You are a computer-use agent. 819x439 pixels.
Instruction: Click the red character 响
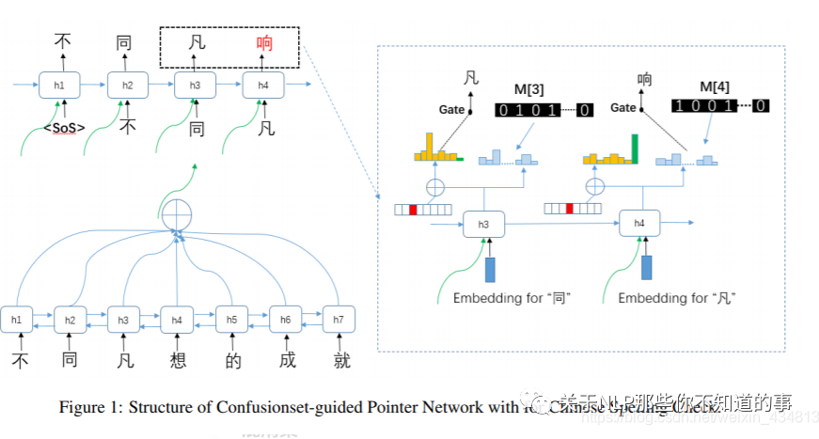pyautogui.click(x=264, y=42)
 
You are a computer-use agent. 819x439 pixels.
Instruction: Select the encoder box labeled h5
pyautogui.click(x=230, y=320)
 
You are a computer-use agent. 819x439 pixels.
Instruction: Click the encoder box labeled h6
pyautogui.click(x=284, y=320)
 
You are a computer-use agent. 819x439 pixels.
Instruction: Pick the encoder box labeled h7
pyautogui.click(x=338, y=320)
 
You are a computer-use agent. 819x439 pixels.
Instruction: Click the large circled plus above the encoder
pyautogui.click(x=176, y=215)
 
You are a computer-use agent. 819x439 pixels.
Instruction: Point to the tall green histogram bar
pyautogui.click(x=635, y=149)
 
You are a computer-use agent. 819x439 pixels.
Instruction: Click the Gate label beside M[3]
pyautogui.click(x=452, y=110)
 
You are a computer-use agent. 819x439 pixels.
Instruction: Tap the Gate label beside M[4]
pyautogui.click(x=623, y=108)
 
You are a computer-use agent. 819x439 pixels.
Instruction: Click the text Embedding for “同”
pyautogui.click(x=512, y=298)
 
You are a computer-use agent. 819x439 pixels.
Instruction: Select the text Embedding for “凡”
pyautogui.click(x=676, y=298)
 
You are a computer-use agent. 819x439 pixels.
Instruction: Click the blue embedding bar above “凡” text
pyautogui.click(x=646, y=268)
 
